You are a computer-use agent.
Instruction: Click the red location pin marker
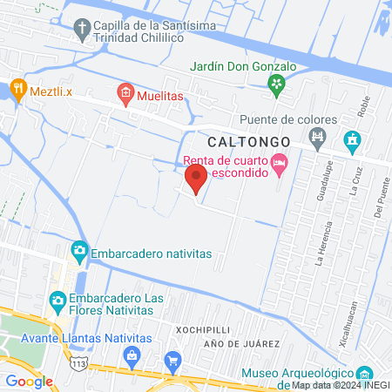[196, 179]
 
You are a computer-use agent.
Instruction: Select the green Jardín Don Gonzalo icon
[276, 84]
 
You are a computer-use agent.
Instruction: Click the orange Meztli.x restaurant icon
[17, 88]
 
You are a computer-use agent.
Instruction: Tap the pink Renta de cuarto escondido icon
[279, 162]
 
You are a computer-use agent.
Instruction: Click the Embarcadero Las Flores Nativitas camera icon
[58, 301]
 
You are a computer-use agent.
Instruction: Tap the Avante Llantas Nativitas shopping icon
[132, 355]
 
